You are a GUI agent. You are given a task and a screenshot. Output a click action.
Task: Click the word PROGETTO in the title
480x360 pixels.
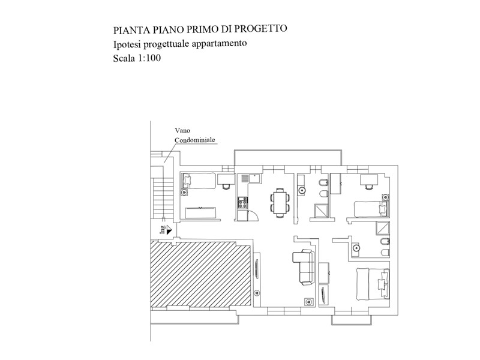click(261, 28)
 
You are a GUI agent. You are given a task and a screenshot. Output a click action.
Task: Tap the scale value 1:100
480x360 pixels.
click(149, 58)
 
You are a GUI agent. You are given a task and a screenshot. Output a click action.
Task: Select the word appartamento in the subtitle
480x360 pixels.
click(219, 43)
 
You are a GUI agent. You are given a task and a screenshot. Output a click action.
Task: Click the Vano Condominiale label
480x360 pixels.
click(194, 136)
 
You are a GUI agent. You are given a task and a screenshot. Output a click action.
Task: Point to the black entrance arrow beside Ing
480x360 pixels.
click(169, 229)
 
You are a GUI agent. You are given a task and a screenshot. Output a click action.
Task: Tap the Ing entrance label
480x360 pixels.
click(163, 230)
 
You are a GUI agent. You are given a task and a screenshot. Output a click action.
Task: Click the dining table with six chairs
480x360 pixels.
click(280, 203)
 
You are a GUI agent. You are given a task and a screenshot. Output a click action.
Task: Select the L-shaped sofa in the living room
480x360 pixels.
click(304, 267)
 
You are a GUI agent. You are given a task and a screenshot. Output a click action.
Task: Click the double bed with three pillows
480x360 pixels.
click(373, 284)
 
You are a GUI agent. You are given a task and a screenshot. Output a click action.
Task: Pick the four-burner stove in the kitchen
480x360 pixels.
click(243, 203)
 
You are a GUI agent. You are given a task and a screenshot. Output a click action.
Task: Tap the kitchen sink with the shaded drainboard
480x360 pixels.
click(250, 178)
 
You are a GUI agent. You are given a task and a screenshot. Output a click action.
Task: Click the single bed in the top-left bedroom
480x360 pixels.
click(200, 181)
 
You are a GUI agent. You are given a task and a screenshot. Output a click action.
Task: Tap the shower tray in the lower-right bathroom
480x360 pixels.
click(383, 229)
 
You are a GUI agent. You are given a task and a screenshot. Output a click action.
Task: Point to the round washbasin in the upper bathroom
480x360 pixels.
click(302, 190)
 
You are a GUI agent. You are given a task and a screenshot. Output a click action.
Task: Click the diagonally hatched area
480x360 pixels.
click(201, 273)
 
